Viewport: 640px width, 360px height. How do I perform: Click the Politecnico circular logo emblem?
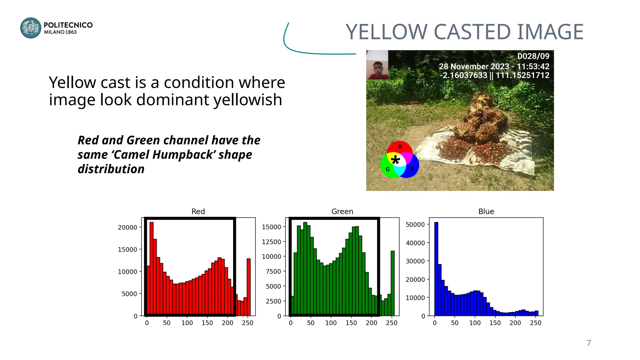(31, 28)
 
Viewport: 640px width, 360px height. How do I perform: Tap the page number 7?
(589, 343)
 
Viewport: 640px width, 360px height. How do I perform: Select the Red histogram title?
(198, 212)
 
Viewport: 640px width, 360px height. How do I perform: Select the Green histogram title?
(342, 212)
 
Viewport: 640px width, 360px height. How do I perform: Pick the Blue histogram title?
(486, 212)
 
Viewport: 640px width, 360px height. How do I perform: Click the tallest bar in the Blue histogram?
(436, 269)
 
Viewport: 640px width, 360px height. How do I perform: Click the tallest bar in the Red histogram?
(152, 269)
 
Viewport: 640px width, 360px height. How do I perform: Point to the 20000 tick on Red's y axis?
(127, 227)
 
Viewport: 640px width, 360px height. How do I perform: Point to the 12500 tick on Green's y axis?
(272, 242)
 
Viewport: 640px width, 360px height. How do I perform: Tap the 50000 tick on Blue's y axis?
(415, 225)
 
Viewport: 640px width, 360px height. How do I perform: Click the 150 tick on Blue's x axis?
(495, 323)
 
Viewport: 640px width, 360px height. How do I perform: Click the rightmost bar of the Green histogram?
(392, 283)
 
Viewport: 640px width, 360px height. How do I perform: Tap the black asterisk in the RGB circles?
(395, 160)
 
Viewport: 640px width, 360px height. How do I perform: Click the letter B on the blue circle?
(412, 168)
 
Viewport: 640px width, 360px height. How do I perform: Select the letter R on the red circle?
(400, 147)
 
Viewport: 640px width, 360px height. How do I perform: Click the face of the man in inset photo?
(378, 67)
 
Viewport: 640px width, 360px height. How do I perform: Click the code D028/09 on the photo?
(533, 56)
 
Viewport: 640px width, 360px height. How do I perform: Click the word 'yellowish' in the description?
(248, 100)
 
